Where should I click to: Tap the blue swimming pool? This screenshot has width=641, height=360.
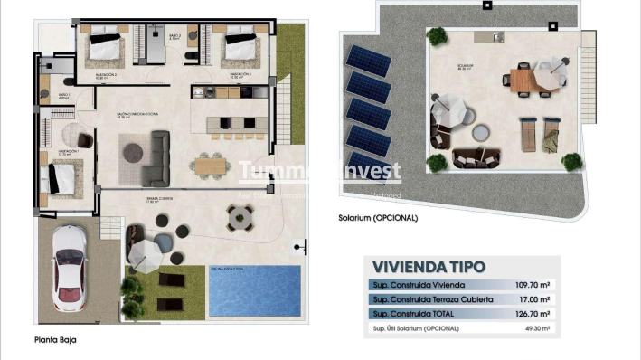(256, 289)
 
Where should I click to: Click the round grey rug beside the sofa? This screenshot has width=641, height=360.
(132, 150)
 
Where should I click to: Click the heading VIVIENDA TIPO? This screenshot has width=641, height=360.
(429, 267)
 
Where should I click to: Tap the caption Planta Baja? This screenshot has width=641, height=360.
(57, 340)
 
